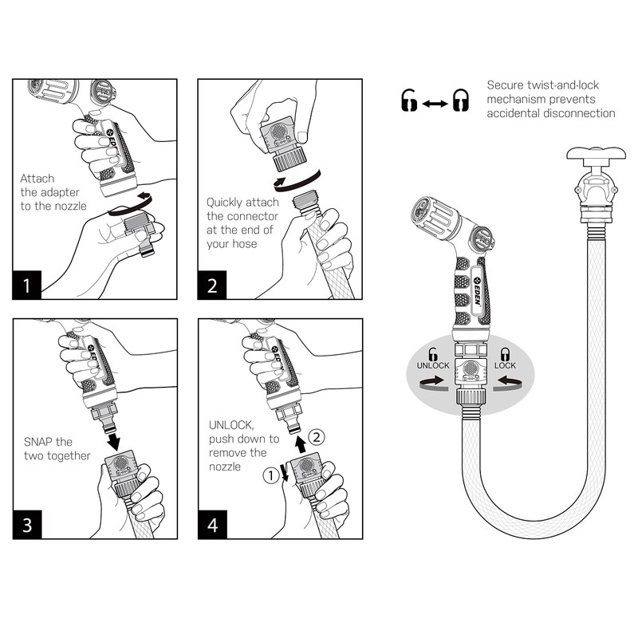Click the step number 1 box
[27, 286]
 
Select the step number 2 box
[212, 286]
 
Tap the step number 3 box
[27, 525]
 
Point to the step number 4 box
[212, 525]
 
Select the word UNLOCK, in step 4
[230, 425]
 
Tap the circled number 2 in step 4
[317, 436]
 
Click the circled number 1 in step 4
[270, 477]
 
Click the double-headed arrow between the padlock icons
[435, 102]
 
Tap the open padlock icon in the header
[409, 100]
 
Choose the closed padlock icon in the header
[460, 100]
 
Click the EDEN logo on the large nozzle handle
[477, 284]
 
